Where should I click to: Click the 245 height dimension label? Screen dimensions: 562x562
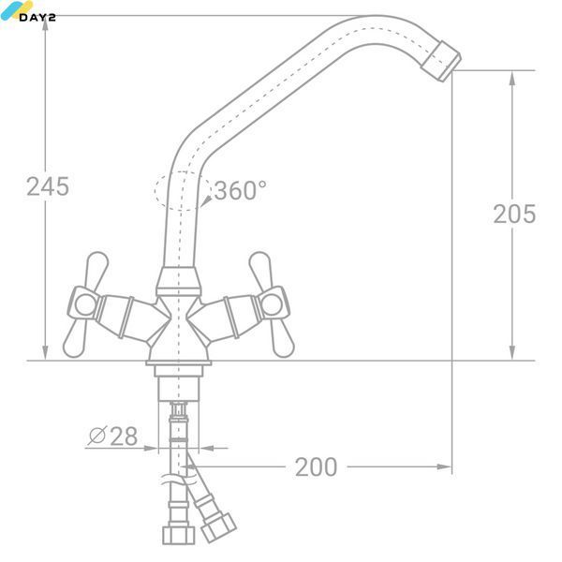tap(48, 186)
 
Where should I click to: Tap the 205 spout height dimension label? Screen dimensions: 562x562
tap(514, 214)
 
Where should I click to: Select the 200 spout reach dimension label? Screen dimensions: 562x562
tap(317, 467)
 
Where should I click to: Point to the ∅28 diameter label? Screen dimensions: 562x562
tap(113, 436)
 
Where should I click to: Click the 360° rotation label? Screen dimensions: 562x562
tap(241, 190)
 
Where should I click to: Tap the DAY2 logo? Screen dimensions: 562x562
tap(27, 11)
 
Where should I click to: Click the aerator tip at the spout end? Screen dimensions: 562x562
tap(440, 61)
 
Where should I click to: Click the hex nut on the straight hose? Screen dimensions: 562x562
tap(179, 535)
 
